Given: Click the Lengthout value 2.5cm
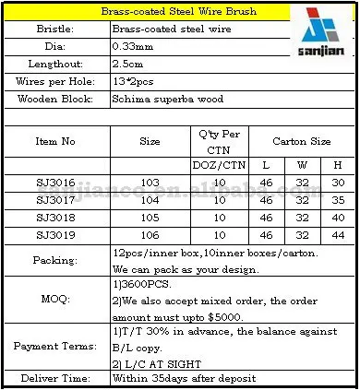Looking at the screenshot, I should (x=130, y=64).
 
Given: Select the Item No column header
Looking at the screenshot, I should (x=56, y=142).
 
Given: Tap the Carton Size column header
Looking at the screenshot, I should (x=303, y=142).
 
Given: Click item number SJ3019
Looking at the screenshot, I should (x=56, y=238).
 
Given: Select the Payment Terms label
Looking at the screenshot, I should (x=56, y=343).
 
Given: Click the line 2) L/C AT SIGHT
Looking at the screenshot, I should (x=152, y=361).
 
